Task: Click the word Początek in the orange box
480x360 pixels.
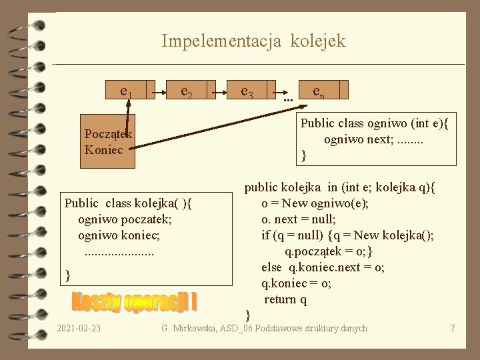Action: tap(108, 134)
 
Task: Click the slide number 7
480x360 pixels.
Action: tap(452, 328)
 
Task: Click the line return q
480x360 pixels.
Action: tap(285, 299)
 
